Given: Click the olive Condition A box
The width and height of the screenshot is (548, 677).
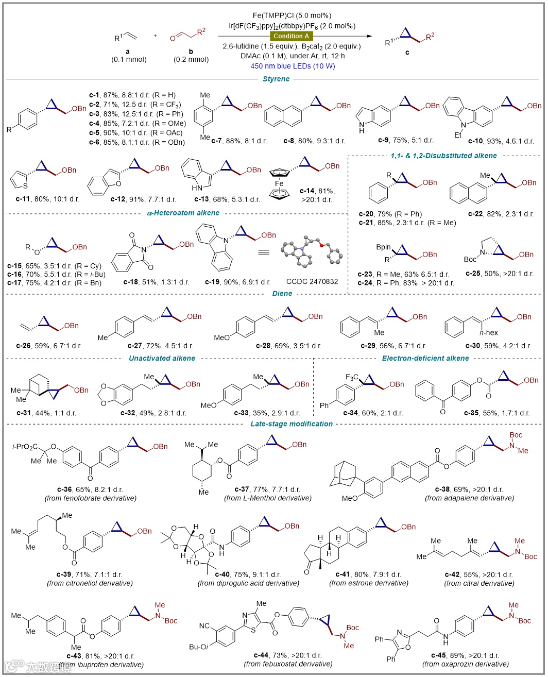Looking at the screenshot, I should tap(292, 36).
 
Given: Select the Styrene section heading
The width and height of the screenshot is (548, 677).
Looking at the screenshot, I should tap(276, 79).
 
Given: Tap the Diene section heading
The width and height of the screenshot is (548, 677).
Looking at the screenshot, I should tap(281, 293).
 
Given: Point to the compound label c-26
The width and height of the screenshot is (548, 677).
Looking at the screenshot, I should tap(23, 346).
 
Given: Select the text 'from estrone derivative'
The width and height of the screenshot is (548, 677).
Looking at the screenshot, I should tap(369, 583).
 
